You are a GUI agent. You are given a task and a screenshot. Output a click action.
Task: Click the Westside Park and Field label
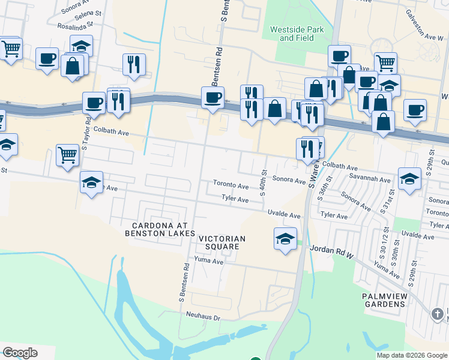(297, 34)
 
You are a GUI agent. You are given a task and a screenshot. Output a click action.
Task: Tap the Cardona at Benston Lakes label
(160, 229)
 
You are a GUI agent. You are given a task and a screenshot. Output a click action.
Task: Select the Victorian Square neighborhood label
(222, 242)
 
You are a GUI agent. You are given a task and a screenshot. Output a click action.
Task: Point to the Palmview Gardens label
(384, 300)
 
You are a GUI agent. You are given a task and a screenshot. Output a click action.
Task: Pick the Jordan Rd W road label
(330, 248)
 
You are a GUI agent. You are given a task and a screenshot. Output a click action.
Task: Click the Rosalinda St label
(76, 26)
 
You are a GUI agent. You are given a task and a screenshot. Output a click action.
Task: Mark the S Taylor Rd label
(86, 133)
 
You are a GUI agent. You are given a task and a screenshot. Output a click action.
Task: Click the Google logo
(19, 353)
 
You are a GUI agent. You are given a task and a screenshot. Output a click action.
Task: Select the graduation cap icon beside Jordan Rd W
(285, 239)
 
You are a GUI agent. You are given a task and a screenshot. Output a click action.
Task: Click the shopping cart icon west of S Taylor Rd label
(68, 155)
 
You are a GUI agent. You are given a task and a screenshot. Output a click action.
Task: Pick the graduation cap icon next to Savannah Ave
(409, 178)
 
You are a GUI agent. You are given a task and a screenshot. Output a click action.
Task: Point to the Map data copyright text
(411, 355)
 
